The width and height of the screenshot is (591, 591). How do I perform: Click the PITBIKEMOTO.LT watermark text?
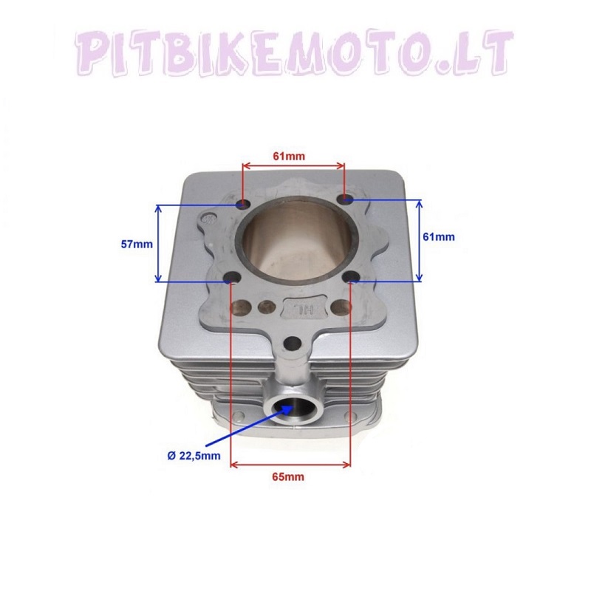294,52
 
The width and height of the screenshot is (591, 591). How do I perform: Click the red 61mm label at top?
289,156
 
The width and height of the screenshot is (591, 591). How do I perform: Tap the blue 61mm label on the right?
439,237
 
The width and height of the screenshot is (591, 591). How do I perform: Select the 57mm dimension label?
137,245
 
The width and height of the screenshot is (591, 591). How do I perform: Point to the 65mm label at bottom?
288,476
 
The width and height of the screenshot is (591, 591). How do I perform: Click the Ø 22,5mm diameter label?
194,456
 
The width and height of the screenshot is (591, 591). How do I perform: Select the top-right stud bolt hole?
346,199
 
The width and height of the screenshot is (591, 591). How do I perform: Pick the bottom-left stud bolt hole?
232,279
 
